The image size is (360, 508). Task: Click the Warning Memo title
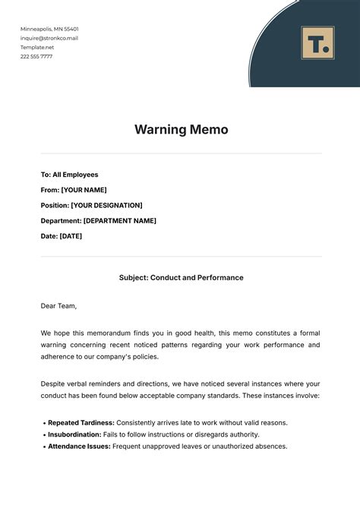pos(181,129)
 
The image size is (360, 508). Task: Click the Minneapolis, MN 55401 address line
pos(49,29)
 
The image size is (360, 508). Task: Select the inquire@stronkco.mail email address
pos(49,38)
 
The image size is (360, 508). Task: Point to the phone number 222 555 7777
pos(36,56)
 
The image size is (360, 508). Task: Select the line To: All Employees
pos(69,175)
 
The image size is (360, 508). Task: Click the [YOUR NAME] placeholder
pos(84,190)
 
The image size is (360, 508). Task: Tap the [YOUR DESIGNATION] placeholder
pos(106,205)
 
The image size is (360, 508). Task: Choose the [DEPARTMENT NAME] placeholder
pos(119,221)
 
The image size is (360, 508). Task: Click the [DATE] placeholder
pos(71,236)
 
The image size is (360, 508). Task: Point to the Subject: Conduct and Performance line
pos(181,278)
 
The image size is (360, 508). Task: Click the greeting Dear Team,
pos(58,306)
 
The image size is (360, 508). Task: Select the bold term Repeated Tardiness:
pos(81,422)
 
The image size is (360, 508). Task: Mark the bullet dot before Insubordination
pos(43,435)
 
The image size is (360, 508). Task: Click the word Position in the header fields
pos(54,205)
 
